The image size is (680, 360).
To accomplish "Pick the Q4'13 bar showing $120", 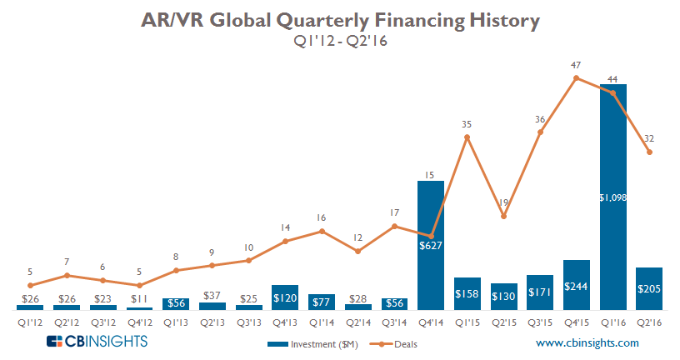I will pyautogui.click(x=285, y=297).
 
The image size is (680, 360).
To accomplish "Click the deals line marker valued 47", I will pyautogui.click(x=577, y=78).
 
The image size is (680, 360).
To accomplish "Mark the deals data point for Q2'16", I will pyautogui.click(x=649, y=152).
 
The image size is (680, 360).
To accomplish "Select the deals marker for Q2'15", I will pyautogui.click(x=503, y=217).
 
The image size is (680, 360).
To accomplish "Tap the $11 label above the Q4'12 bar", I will pyautogui.click(x=139, y=297).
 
